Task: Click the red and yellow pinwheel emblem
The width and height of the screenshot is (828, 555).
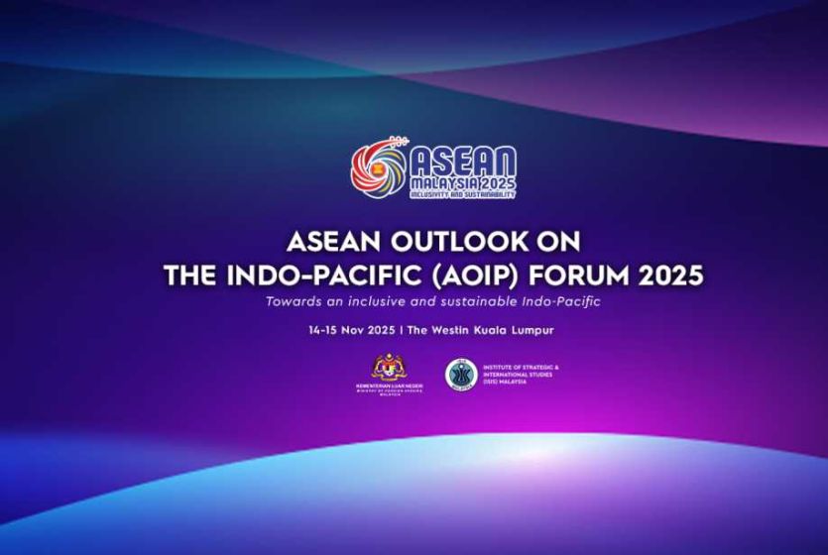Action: [378, 168]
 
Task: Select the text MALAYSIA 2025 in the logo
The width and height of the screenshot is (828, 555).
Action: [463, 185]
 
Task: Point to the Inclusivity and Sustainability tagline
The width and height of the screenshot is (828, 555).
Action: [462, 196]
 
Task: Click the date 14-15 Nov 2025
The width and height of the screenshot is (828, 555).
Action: [353, 329]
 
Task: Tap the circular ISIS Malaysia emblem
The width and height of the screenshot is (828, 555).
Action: [460, 374]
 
